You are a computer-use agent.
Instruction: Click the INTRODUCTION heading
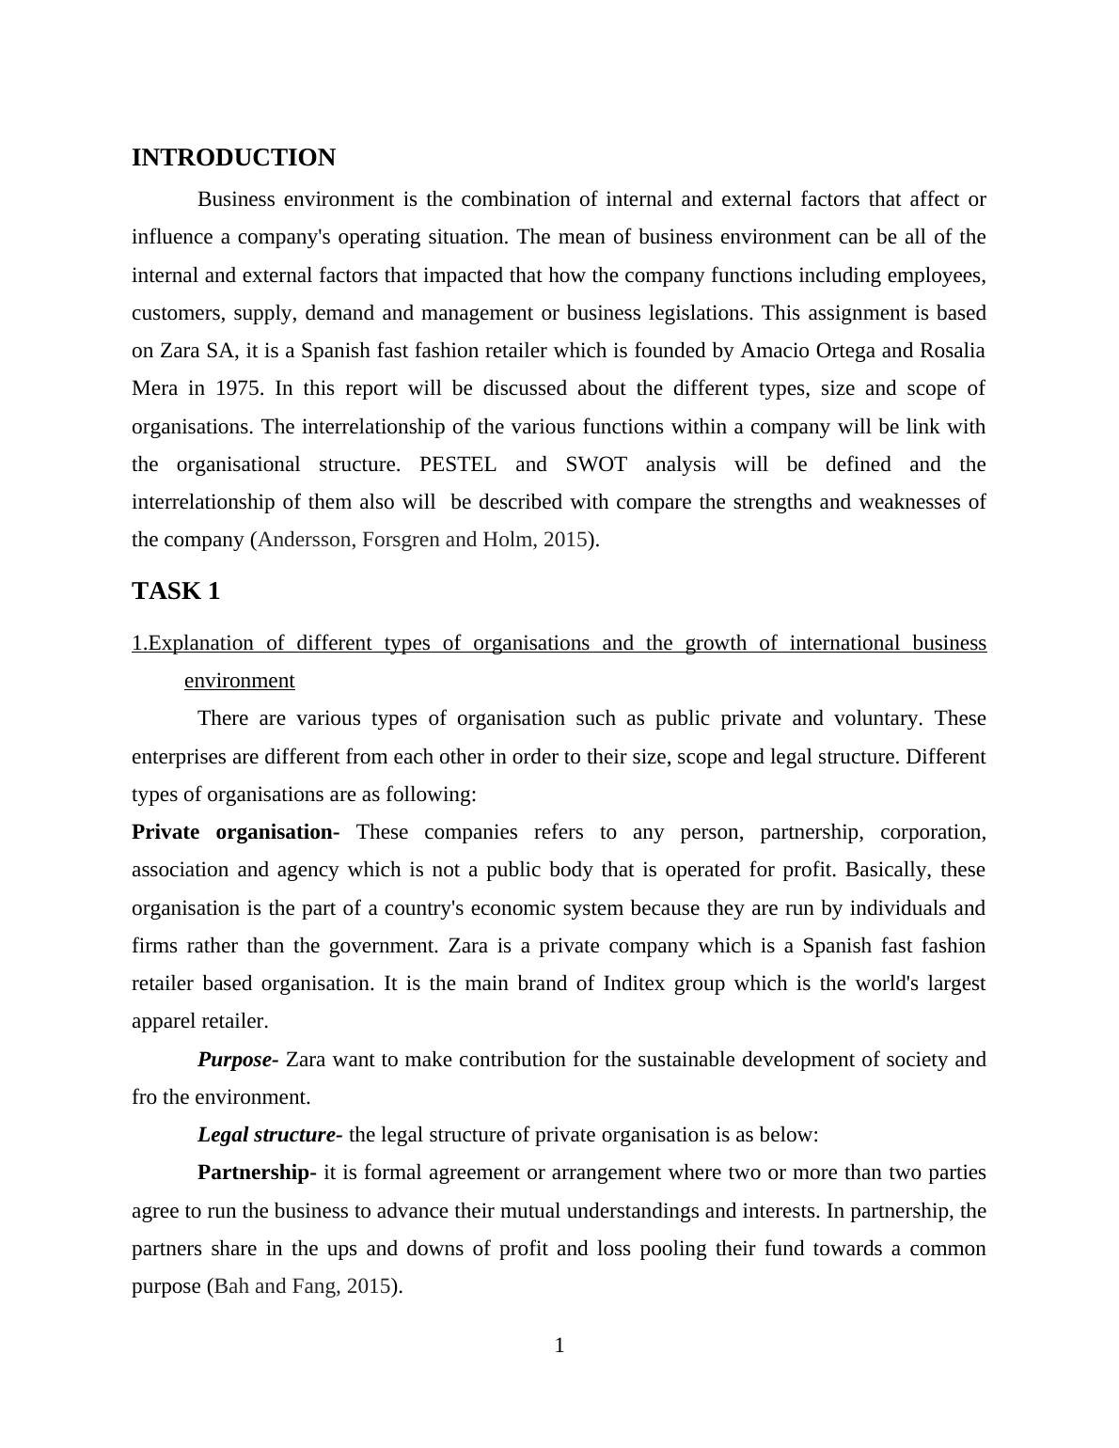[233, 158]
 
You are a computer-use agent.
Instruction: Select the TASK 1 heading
[176, 591]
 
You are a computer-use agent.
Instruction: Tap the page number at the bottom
[559, 1346]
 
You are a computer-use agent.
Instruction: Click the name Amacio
[775, 351]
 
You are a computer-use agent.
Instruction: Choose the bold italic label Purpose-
[237, 1060]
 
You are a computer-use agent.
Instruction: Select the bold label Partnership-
[256, 1173]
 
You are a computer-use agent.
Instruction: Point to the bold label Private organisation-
[235, 832]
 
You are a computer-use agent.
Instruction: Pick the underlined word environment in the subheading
[240, 681]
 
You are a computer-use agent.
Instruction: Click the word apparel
[164, 1021]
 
